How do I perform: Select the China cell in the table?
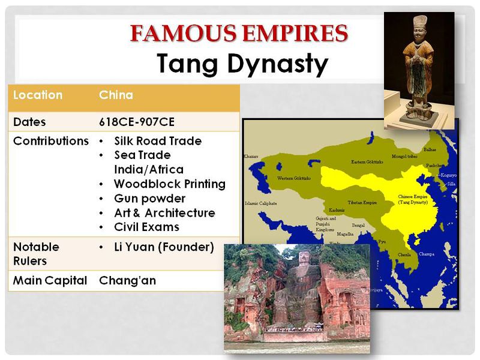click(x=116, y=95)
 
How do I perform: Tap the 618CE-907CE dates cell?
click(x=137, y=122)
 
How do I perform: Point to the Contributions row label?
click(x=51, y=142)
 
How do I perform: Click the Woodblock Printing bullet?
click(x=170, y=184)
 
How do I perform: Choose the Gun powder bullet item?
click(x=149, y=199)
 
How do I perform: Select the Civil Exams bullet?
click(x=146, y=227)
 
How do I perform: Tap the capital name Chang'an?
click(x=127, y=280)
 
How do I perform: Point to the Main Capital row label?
click(x=50, y=280)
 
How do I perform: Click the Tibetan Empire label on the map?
click(x=362, y=203)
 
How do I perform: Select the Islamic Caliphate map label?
click(x=260, y=203)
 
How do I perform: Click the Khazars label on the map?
click(x=251, y=156)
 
